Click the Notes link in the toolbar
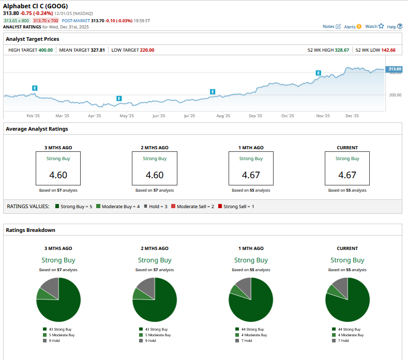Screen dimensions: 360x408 click(331, 26)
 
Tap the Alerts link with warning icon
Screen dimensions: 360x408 click(353, 26)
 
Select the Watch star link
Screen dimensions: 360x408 click(374, 26)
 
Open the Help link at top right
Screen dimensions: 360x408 click(395, 26)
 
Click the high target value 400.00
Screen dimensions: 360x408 click(46, 50)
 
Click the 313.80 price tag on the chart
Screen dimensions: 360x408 click(395, 69)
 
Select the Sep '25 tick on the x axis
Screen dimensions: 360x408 click(255, 116)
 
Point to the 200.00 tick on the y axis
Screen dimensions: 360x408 click(395, 95)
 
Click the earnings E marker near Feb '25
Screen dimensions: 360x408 click(35, 88)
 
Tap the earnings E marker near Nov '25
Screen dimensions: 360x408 click(319, 73)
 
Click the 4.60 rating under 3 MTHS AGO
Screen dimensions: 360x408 click(58, 175)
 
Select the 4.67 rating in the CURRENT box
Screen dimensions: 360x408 click(347, 175)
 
